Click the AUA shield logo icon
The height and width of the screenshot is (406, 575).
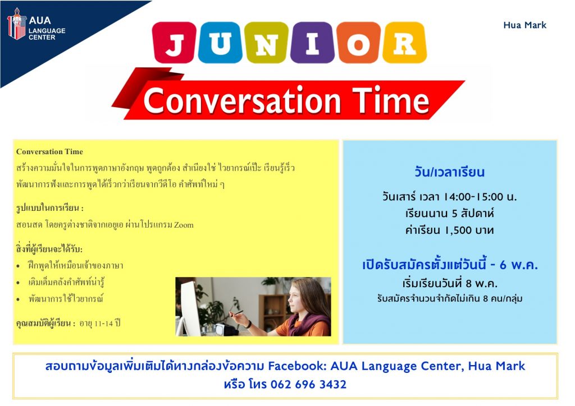(x=16, y=24)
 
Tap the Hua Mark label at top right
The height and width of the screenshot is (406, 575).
(x=525, y=25)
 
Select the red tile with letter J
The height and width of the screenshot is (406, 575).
(x=174, y=42)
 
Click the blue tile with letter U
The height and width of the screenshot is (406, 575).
(x=220, y=42)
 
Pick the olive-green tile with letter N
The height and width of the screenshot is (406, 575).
(x=266, y=42)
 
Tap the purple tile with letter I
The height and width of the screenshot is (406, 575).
(x=312, y=42)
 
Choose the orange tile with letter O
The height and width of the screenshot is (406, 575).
(x=359, y=42)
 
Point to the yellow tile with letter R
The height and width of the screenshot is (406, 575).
(x=404, y=42)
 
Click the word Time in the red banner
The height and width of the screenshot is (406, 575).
(x=391, y=100)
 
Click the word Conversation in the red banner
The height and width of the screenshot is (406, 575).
(x=242, y=100)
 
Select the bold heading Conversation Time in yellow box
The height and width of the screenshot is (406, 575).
(x=49, y=151)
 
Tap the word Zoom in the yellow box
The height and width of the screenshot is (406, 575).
(x=184, y=224)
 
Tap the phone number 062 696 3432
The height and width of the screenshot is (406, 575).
(x=308, y=384)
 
